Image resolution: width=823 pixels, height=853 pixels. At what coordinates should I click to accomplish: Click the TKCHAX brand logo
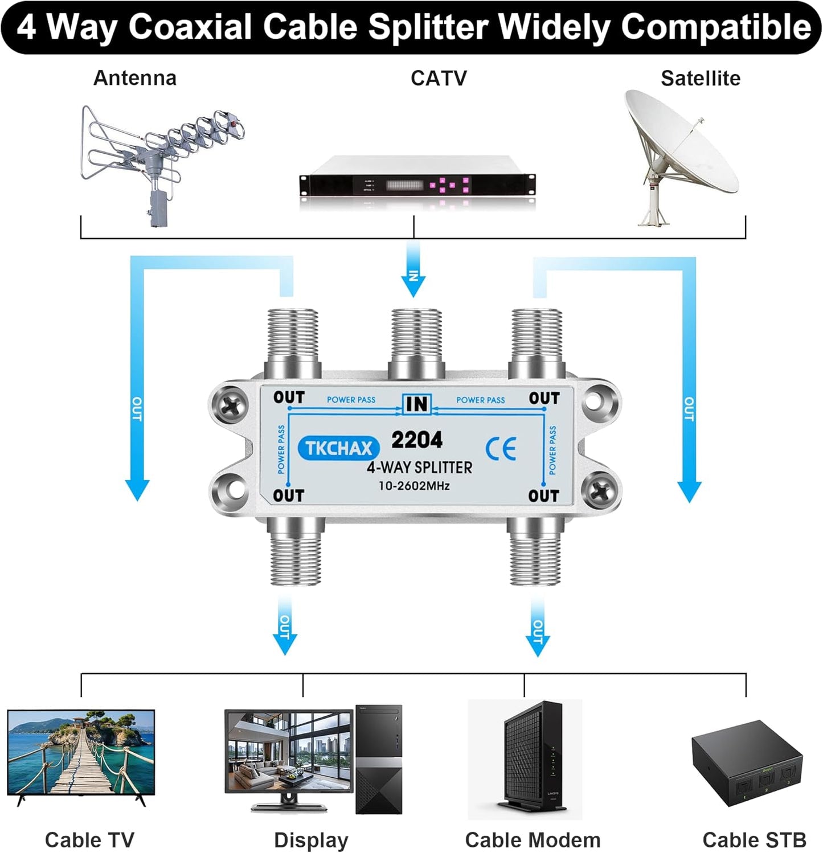coord(338,448)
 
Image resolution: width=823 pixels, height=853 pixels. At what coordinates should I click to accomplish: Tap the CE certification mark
coord(501,449)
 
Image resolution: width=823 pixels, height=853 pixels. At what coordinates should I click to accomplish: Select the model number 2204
coord(417,440)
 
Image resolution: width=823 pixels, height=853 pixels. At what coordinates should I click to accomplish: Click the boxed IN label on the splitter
coord(417,404)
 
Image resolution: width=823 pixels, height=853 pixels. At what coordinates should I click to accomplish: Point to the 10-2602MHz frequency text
coord(414,486)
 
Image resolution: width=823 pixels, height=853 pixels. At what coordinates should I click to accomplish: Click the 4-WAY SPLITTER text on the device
coord(419,467)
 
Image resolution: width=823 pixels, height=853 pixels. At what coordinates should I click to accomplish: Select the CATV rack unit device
coord(417,183)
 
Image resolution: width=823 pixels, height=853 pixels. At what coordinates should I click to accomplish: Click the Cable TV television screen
coord(81,752)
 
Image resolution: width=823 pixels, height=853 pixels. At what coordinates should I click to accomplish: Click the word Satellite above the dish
coord(700,78)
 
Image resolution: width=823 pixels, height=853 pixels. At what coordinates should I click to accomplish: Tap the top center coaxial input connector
coord(416,342)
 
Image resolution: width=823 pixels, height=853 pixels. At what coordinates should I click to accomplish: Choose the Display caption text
coord(310,840)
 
